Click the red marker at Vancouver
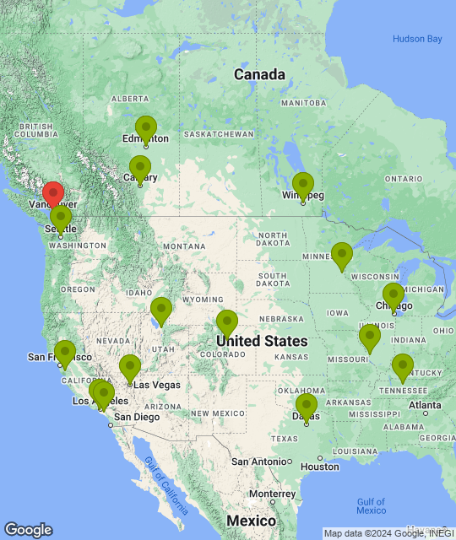click(x=52, y=194)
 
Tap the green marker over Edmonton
click(x=146, y=129)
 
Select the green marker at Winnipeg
click(x=302, y=185)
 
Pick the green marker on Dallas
click(x=307, y=406)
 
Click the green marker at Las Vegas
click(x=129, y=367)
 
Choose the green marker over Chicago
click(x=393, y=296)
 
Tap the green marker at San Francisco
click(x=64, y=353)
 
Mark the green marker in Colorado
click(x=226, y=322)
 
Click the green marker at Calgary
click(x=140, y=168)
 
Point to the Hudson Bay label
click(x=417, y=39)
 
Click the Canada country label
click(x=259, y=74)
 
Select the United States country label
click(x=262, y=341)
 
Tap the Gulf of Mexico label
click(x=371, y=505)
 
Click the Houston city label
click(x=319, y=467)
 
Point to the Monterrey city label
click(x=271, y=494)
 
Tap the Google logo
click(x=28, y=530)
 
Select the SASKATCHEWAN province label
click(x=219, y=134)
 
